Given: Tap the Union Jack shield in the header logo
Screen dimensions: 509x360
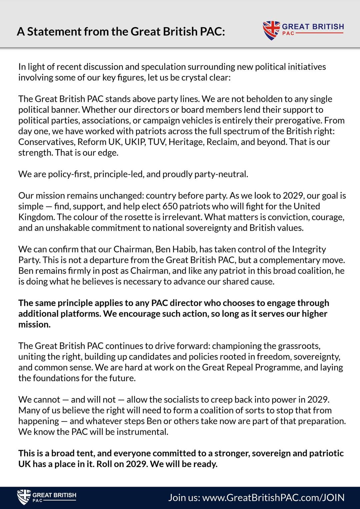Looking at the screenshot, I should point(271,30).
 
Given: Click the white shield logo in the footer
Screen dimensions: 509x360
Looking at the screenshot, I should point(24,497).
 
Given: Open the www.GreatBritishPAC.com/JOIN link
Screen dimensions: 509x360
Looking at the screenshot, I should point(273,498).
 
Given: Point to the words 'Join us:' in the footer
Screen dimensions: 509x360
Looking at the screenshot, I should point(184,498).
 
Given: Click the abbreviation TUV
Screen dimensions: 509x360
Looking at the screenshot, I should point(156,142).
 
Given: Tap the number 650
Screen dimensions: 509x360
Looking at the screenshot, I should point(170,206).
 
